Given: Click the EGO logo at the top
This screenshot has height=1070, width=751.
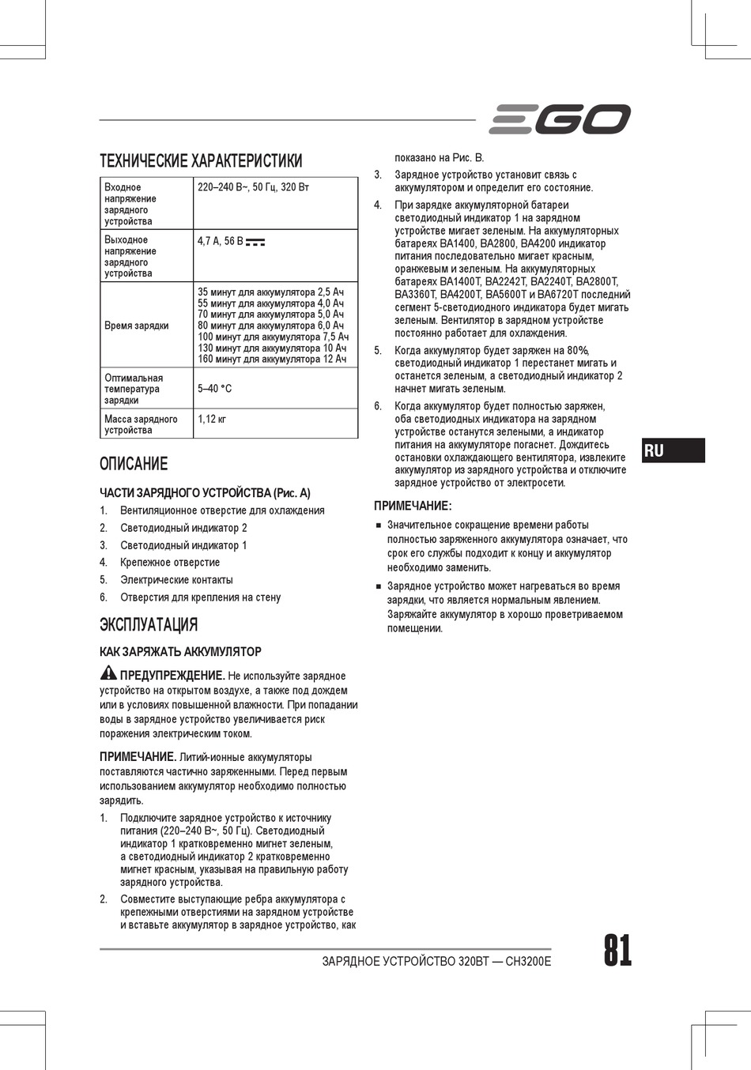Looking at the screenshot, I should pyautogui.click(x=560, y=119).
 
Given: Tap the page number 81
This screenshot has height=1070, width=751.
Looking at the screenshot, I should pyautogui.click(x=617, y=951).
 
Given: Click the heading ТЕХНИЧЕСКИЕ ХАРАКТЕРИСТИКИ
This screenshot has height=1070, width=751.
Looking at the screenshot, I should pyautogui.click(x=201, y=161).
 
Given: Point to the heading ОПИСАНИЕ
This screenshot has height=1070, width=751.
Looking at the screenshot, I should pyautogui.click(x=134, y=464).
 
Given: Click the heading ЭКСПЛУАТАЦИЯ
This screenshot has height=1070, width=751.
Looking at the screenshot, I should pyautogui.click(x=149, y=624).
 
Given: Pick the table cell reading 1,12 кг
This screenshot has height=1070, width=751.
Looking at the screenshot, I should pyautogui.click(x=212, y=420).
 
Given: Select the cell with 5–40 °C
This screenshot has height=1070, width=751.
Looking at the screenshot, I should pyautogui.click(x=214, y=389).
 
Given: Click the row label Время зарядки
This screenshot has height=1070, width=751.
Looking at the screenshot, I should pyautogui.click(x=136, y=326).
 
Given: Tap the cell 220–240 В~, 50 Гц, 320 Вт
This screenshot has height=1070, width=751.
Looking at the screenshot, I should pyautogui.click(x=253, y=187).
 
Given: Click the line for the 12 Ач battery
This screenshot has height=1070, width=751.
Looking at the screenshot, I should pyautogui.click(x=272, y=360).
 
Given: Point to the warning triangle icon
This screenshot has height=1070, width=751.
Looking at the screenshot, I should pyautogui.click(x=108, y=674).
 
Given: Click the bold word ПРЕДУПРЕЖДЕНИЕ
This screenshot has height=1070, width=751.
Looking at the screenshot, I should pyautogui.click(x=172, y=676).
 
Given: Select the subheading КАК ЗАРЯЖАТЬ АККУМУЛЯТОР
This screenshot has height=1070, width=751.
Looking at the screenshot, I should pyautogui.click(x=180, y=652).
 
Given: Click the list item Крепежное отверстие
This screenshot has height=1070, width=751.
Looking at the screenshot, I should pyautogui.click(x=170, y=563).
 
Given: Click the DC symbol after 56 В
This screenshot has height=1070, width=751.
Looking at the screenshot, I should pyautogui.click(x=255, y=242).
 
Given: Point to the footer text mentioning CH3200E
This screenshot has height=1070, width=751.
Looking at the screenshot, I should pyautogui.click(x=436, y=962).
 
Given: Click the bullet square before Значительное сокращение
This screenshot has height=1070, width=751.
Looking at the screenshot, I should pyautogui.click(x=379, y=526).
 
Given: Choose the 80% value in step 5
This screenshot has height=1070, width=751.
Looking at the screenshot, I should pyautogui.click(x=578, y=351).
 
